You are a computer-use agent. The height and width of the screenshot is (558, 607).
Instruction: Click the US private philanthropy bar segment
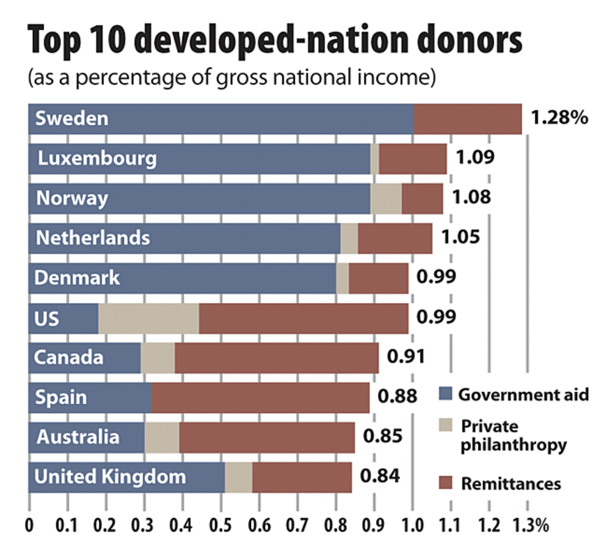coord(148,319)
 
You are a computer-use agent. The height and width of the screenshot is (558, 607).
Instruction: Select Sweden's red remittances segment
coord(467,119)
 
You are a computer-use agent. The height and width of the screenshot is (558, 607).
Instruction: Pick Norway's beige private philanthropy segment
coord(385,199)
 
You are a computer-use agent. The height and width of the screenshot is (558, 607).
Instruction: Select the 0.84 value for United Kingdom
coord(380,476)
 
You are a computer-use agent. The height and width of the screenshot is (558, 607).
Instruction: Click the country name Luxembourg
coord(96,158)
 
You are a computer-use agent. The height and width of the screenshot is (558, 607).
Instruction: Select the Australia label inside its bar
coord(77,437)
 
